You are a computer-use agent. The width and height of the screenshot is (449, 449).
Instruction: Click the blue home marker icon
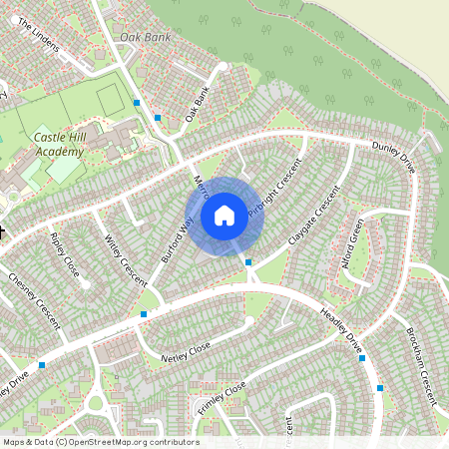click(x=224, y=215)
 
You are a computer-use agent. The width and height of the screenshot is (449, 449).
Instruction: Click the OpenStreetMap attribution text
click(x=100, y=442)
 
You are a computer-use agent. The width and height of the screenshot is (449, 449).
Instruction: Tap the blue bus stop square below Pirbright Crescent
click(x=248, y=261)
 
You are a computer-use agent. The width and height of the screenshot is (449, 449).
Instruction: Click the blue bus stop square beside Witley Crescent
click(x=144, y=314)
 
